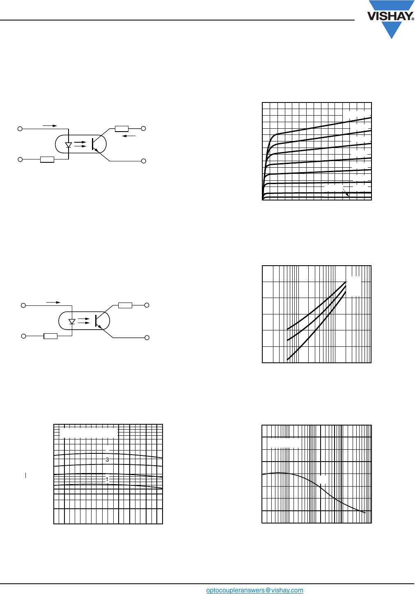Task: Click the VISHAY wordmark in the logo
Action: coord(390,16)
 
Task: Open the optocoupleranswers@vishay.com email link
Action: coord(255,590)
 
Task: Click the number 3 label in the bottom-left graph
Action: coord(108,460)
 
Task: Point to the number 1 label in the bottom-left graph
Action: coord(107,479)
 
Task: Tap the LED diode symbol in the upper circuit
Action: coord(69,145)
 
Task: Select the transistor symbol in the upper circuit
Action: coord(95,144)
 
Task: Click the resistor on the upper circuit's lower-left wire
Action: coord(47,159)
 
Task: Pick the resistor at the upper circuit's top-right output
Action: coord(122,129)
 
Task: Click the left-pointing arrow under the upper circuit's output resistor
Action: coord(129,136)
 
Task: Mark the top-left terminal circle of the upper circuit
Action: coord(20,129)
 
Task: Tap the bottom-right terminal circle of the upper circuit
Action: coord(144,161)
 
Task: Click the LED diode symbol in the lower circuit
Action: coord(72,321)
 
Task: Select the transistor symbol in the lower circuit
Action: coord(98,321)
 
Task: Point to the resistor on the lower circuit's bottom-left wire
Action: coord(50,336)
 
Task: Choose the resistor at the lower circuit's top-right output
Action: coord(125,305)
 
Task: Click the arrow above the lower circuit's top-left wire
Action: coord(53,303)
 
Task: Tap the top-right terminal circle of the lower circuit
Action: coord(147,305)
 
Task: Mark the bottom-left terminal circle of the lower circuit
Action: coord(23,336)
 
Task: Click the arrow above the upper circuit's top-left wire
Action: coord(50,125)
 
